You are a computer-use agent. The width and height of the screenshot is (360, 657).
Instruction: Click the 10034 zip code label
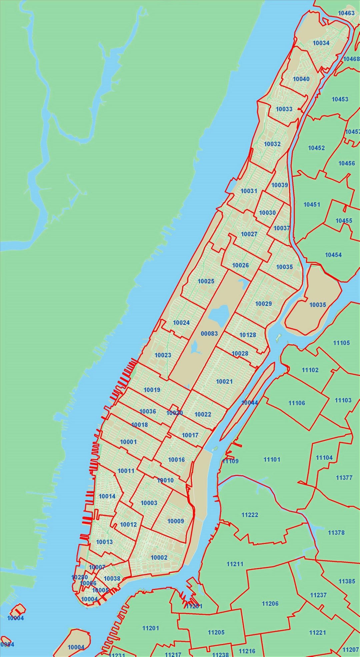pyautogui.click(x=321, y=43)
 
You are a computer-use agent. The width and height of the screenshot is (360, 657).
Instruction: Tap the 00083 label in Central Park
pyautogui.click(x=209, y=333)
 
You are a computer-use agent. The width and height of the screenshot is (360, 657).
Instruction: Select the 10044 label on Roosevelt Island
pyautogui.click(x=249, y=402)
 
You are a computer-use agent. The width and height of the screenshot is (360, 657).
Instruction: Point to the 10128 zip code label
pyautogui.click(x=248, y=335)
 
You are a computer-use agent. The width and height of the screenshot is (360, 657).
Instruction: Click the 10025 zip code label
pyautogui.click(x=206, y=281)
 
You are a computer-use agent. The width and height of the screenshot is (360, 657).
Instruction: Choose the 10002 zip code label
pyautogui.click(x=159, y=557)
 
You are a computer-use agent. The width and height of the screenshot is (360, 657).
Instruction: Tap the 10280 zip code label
pyautogui.click(x=80, y=577)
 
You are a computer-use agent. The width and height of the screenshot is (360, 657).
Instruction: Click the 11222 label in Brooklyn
pyautogui.click(x=250, y=515)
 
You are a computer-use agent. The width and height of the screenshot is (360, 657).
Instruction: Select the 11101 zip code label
pyautogui.click(x=272, y=459)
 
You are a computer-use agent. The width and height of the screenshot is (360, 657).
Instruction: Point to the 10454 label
pyautogui.click(x=333, y=255)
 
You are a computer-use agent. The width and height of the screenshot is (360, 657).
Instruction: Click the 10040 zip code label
pyautogui.click(x=301, y=79)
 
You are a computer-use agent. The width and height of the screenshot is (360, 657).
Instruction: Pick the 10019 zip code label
pyautogui.click(x=152, y=390)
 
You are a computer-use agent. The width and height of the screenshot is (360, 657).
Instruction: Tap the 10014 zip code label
pyautogui.click(x=107, y=496)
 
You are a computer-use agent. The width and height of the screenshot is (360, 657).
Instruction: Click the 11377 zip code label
pyautogui.click(x=344, y=478)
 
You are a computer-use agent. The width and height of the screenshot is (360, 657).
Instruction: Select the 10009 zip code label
pyautogui.click(x=176, y=521)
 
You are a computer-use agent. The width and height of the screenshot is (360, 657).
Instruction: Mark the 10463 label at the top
pyautogui.click(x=346, y=13)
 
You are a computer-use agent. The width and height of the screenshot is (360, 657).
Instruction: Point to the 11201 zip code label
pyautogui.click(x=151, y=628)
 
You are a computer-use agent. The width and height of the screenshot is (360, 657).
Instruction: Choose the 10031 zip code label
pyautogui.click(x=249, y=191)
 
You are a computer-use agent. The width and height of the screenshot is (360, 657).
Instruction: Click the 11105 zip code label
pyautogui.click(x=341, y=343)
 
